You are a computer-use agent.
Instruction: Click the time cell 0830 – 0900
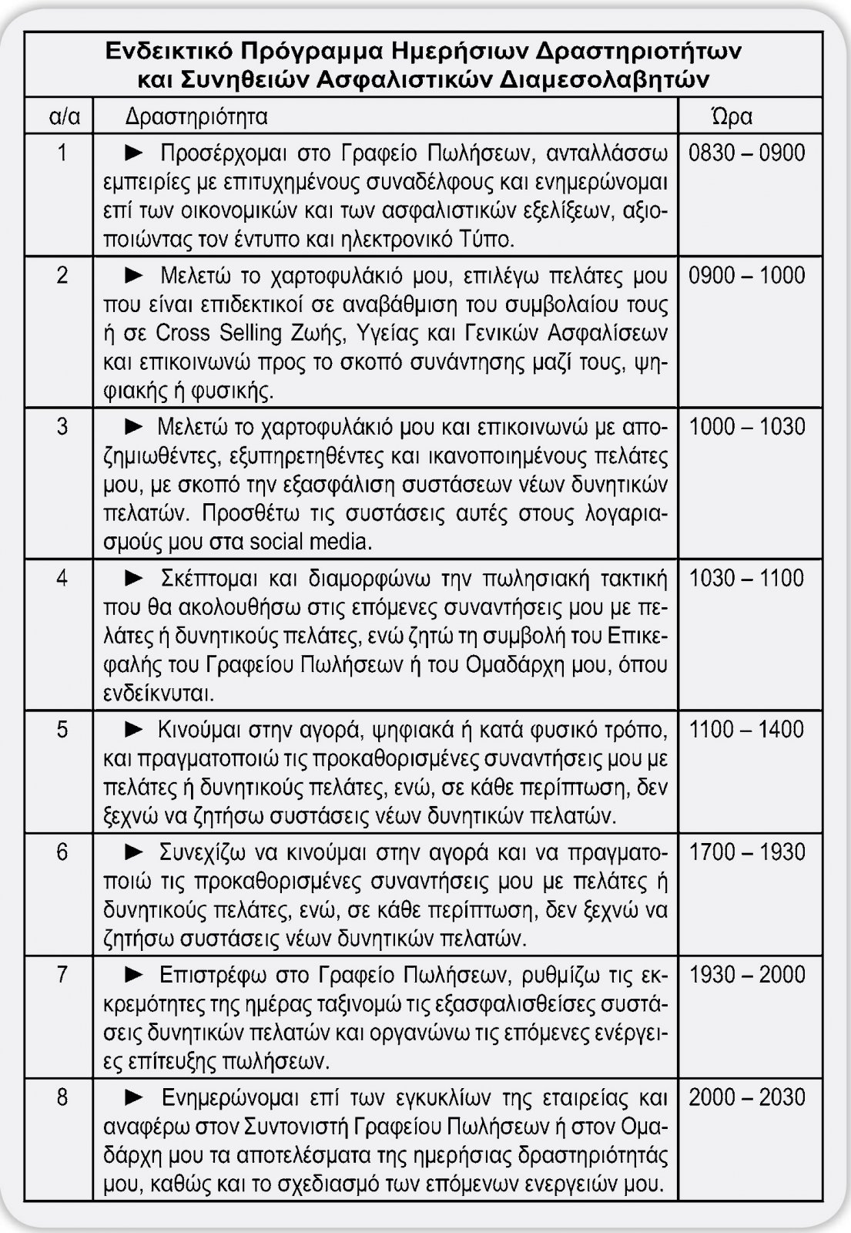click(x=746, y=153)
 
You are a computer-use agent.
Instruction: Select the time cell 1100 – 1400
click(x=746, y=729)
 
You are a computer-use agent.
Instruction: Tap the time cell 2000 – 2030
click(x=746, y=1097)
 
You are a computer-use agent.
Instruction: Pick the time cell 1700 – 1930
click(x=746, y=852)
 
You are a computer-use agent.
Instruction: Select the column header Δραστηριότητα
click(x=196, y=116)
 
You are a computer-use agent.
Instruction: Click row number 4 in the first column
click(x=62, y=578)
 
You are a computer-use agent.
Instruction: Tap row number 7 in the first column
click(x=62, y=975)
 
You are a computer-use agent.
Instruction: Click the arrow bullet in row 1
click(x=134, y=152)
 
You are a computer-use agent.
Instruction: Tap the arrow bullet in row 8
click(x=134, y=1097)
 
